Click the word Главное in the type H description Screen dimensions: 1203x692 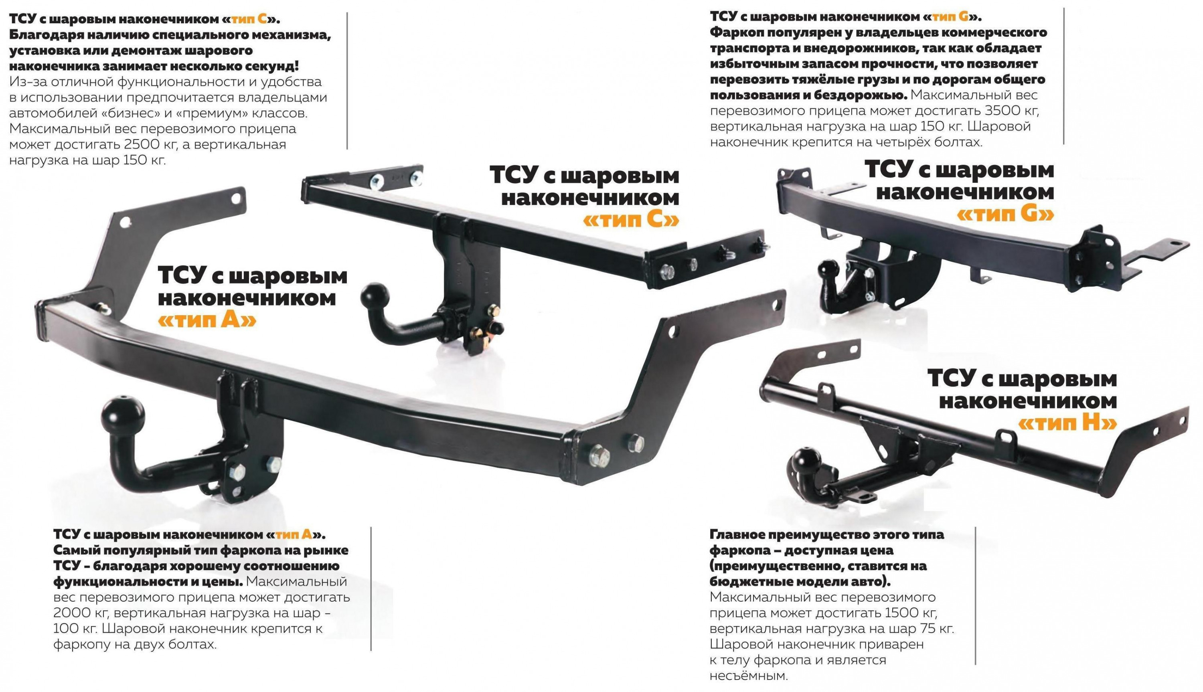tap(736, 535)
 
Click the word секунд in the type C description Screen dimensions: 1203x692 tap(269, 65)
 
